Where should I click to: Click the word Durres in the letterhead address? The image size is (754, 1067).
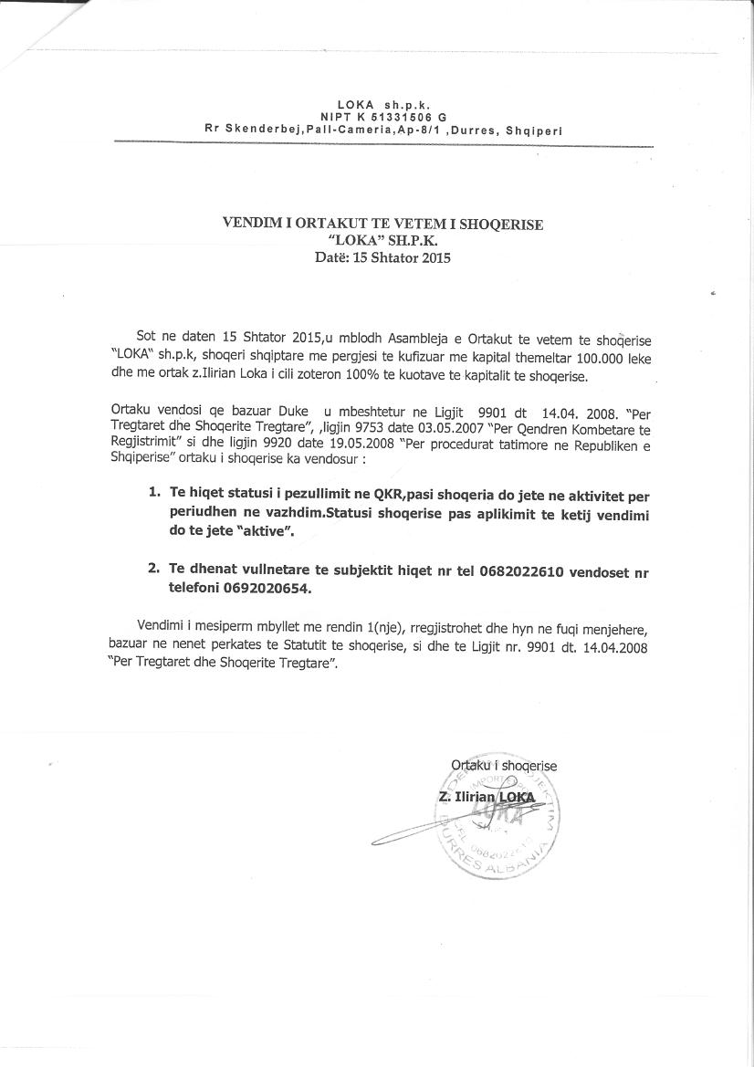[x=475, y=131]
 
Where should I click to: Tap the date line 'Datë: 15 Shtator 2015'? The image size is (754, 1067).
[x=382, y=257]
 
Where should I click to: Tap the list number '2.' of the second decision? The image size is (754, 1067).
[x=154, y=569]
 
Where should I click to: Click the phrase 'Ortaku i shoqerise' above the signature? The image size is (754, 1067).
[x=503, y=765]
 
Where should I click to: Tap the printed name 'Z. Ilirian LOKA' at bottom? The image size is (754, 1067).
[x=487, y=797]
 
